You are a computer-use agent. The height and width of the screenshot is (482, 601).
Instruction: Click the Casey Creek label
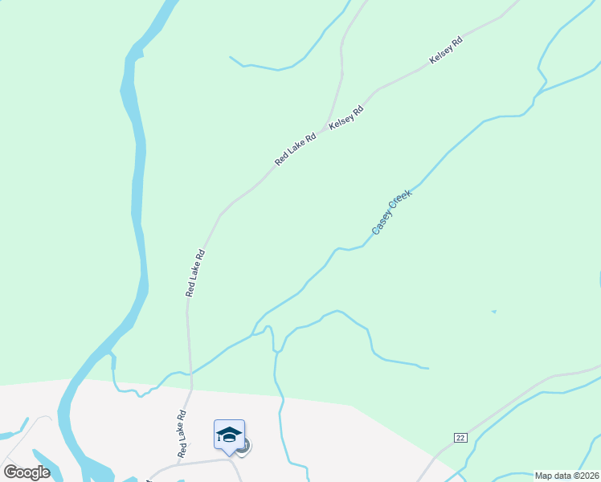(x=392, y=212)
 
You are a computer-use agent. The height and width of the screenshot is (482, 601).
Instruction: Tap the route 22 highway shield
(x=460, y=437)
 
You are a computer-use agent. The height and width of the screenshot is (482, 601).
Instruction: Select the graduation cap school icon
(x=229, y=435)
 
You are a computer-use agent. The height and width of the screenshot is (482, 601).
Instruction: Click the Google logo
(x=27, y=472)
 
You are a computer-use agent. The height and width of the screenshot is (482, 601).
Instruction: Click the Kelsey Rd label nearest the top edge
(x=446, y=50)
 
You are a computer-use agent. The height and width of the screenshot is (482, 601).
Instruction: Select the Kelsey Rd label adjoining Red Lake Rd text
(x=346, y=117)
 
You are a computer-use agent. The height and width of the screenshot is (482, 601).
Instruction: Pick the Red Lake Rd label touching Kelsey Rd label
(x=296, y=149)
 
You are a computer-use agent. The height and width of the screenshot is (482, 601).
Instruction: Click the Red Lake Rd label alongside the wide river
(x=196, y=273)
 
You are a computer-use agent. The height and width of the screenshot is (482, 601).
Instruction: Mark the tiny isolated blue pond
(x=493, y=311)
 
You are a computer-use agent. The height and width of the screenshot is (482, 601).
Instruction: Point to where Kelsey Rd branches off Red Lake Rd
(x=327, y=128)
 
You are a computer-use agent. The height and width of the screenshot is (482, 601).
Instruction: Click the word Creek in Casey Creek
(x=400, y=202)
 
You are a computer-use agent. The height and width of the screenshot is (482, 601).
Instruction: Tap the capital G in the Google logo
(x=10, y=472)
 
